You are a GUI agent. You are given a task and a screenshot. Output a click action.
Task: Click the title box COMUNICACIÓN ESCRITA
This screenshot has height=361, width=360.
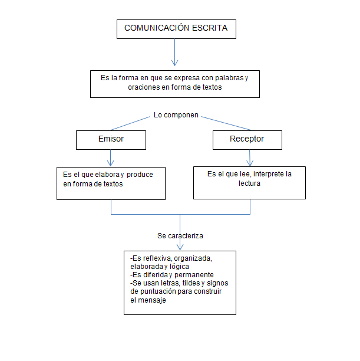pyautogui.click(x=176, y=28)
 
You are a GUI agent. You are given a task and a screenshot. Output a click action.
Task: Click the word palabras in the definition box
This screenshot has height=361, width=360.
pyautogui.click(x=224, y=78)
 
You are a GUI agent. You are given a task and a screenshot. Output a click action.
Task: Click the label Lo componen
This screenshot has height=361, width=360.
pyautogui.click(x=176, y=115)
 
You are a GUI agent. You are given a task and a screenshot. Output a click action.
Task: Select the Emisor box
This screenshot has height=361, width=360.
pyautogui.click(x=111, y=140)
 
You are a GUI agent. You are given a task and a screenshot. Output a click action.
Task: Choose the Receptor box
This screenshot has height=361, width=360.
pyautogui.click(x=246, y=140)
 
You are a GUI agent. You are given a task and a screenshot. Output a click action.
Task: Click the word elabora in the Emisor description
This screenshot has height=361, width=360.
pyautogui.click(x=108, y=175)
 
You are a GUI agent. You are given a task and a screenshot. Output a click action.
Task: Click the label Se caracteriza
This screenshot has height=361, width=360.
pyautogui.click(x=180, y=235)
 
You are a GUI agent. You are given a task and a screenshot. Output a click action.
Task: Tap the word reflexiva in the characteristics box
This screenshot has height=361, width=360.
pyautogui.click(x=159, y=258)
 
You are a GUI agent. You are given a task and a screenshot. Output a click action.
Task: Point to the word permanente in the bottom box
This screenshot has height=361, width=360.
pyautogui.click(x=191, y=275)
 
